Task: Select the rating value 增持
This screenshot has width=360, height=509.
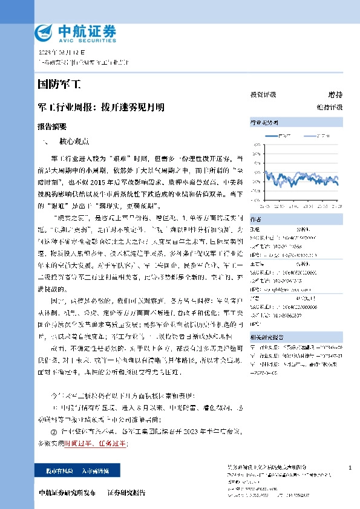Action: coord(335,95)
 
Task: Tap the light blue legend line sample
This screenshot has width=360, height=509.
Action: coord(309,136)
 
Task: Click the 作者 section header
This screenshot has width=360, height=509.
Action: coord(256,219)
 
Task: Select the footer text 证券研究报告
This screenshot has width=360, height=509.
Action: coord(126,493)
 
